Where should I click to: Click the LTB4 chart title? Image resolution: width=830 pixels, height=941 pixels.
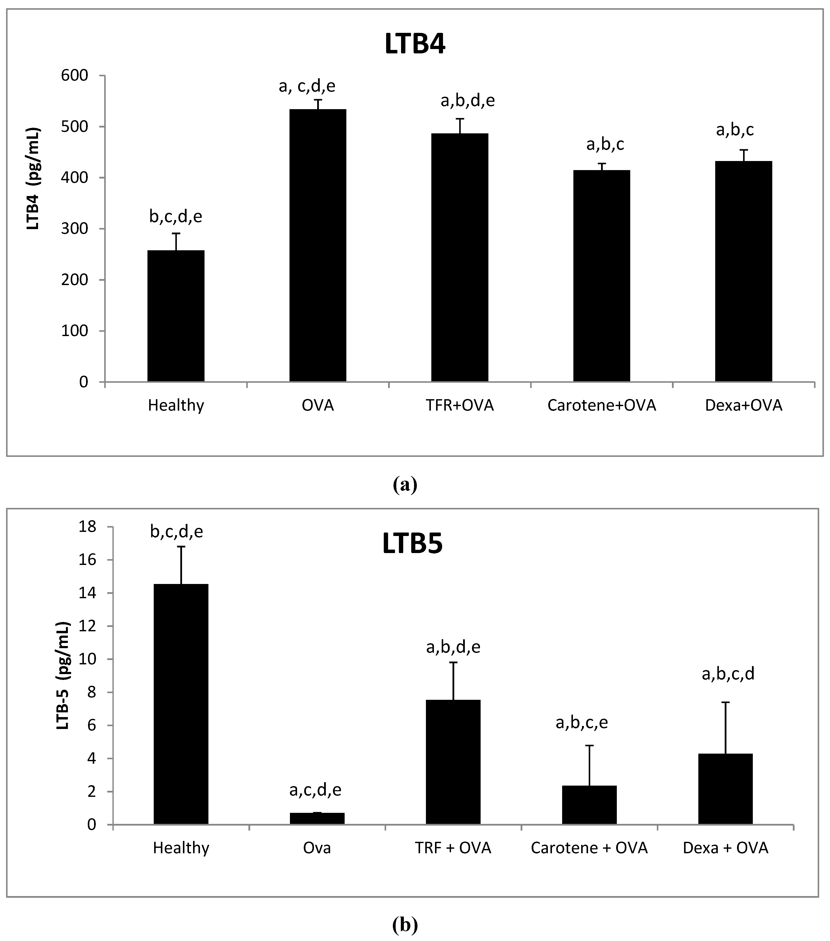click(x=415, y=45)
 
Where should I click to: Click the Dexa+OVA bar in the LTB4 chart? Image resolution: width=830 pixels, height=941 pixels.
click(x=743, y=272)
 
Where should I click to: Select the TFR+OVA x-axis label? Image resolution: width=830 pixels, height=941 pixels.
click(x=460, y=406)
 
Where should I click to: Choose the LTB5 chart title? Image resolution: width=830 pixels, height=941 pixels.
click(x=412, y=544)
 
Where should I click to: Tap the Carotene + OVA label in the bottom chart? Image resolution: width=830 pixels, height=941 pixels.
click(x=589, y=848)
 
